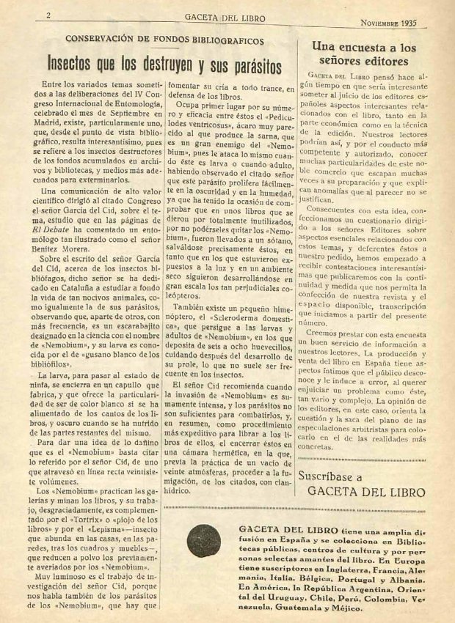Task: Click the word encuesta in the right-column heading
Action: point(366,46)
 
